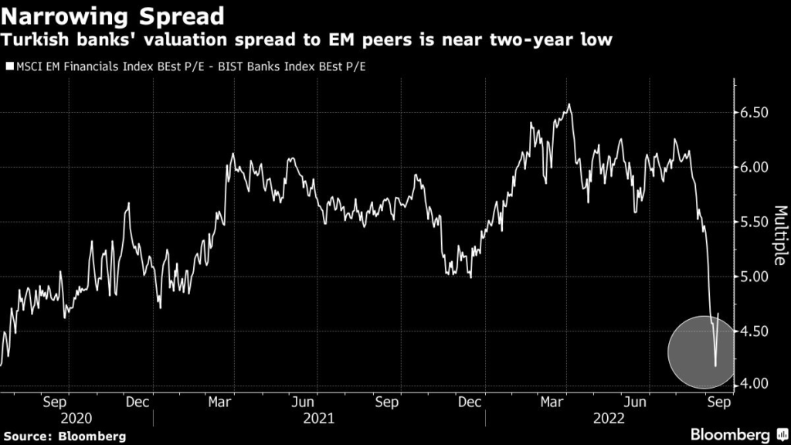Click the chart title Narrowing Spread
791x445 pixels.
coord(114,15)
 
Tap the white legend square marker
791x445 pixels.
coord(10,67)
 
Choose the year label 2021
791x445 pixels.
coord(319,418)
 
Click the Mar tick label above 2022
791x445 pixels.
coord(552,402)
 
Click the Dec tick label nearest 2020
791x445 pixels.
coord(137,402)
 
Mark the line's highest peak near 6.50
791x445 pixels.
coord(569,104)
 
